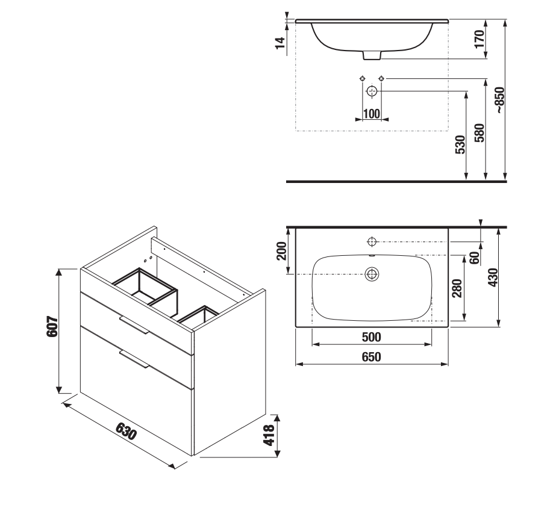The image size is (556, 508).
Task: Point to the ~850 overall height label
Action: (500, 100)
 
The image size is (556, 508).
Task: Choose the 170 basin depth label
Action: (479, 39)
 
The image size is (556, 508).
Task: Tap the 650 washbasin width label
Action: (371, 356)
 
